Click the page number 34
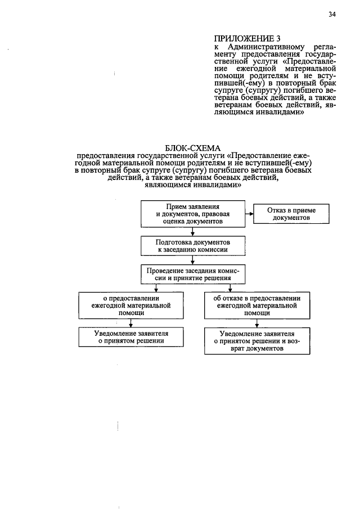[332, 16]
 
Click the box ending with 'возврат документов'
[256, 340]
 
